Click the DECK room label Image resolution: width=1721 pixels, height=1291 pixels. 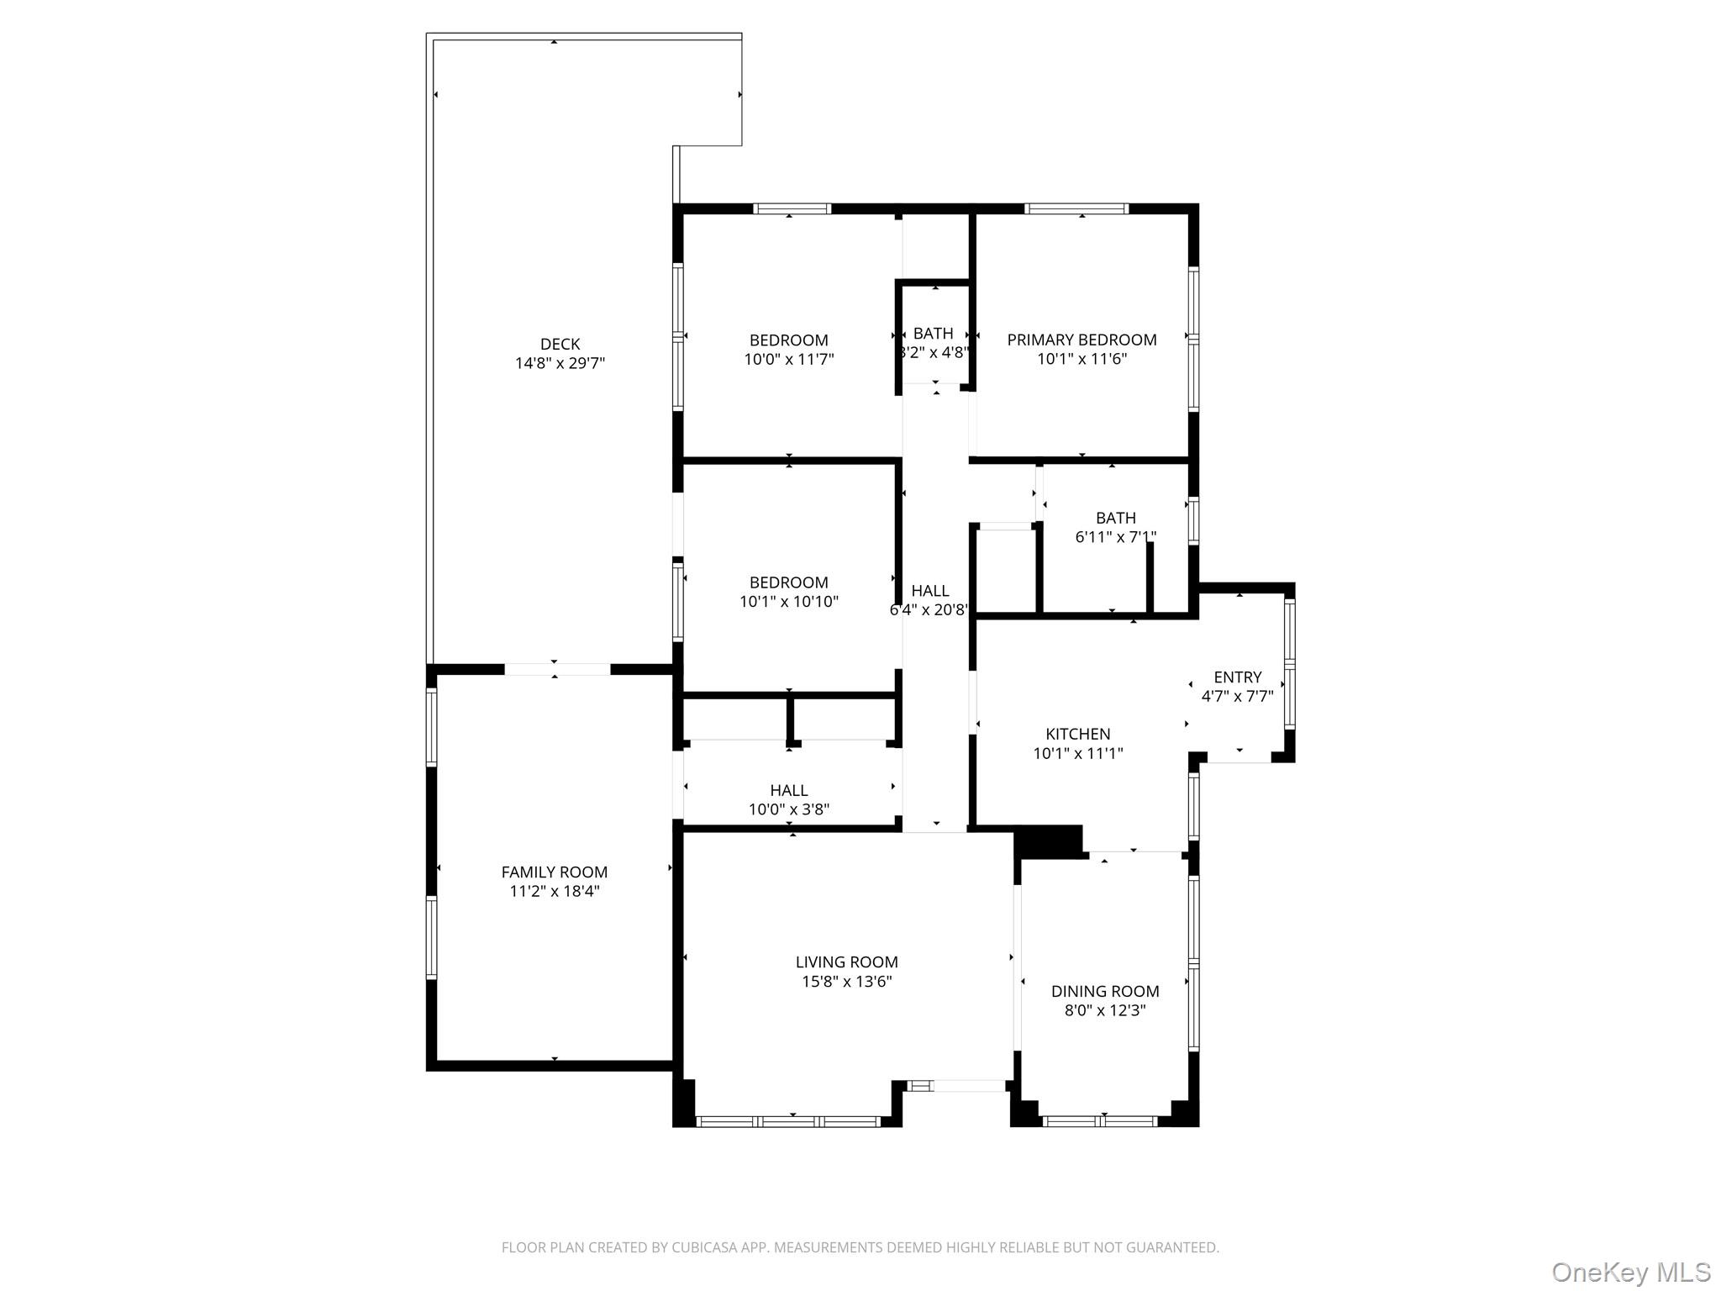coord(560,344)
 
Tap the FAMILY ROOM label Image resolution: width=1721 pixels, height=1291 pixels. coord(554,872)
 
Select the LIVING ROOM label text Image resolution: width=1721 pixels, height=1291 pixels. coord(846,962)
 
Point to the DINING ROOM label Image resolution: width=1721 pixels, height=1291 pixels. coord(1104,992)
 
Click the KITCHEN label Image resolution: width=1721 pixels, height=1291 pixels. coord(1077,734)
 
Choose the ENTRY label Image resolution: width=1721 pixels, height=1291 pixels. coord(1237,677)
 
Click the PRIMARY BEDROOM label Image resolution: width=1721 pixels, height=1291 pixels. coord(1082,340)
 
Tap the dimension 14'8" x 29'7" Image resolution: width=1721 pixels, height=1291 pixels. coord(560,363)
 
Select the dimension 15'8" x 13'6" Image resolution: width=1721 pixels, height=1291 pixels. coord(846,982)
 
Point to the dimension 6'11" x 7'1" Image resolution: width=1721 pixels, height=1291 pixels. coord(1115,537)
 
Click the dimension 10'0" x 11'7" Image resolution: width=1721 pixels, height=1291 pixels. coord(788,360)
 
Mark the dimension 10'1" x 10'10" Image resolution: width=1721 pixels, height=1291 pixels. coord(788,602)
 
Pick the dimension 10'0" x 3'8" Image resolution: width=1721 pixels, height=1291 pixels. coord(788,809)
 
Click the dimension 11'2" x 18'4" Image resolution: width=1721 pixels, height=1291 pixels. coord(554,892)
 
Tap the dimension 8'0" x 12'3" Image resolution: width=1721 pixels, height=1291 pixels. coord(1104,1011)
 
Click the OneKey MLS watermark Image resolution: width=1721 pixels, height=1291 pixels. coord(1630,1272)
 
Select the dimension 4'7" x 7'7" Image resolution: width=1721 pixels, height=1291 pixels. coord(1237,696)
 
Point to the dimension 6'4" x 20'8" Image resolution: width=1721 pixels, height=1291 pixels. coord(929,610)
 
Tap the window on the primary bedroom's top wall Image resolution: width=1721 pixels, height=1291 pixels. coord(1076,208)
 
